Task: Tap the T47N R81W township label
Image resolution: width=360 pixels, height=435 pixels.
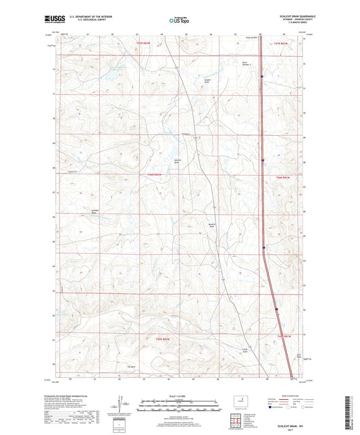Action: [x=282, y=43]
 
